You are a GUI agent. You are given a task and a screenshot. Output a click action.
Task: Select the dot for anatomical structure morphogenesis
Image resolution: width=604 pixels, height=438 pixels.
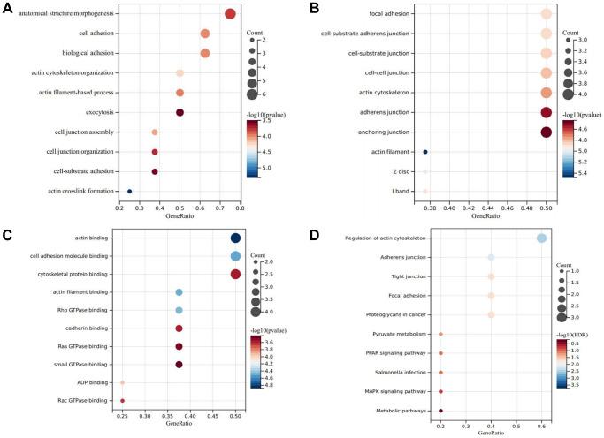230,14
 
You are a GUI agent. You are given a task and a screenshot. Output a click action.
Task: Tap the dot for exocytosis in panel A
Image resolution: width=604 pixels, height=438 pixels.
180,112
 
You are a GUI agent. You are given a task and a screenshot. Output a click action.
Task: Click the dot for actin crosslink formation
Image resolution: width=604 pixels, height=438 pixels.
130,191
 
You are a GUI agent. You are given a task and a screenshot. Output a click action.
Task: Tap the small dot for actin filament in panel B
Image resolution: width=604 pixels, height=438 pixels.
425,152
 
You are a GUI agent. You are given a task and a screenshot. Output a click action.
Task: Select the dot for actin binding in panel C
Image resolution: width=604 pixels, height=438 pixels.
235,238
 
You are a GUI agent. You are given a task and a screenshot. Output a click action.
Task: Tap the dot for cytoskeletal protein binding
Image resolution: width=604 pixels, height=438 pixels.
235,274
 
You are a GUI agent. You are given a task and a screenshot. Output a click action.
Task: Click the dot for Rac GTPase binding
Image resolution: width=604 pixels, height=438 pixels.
123,401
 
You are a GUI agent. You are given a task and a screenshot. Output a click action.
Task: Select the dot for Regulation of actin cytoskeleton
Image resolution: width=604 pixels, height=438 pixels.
542,238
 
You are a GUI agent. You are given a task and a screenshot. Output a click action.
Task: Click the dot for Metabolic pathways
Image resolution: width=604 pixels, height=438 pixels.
440,411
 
